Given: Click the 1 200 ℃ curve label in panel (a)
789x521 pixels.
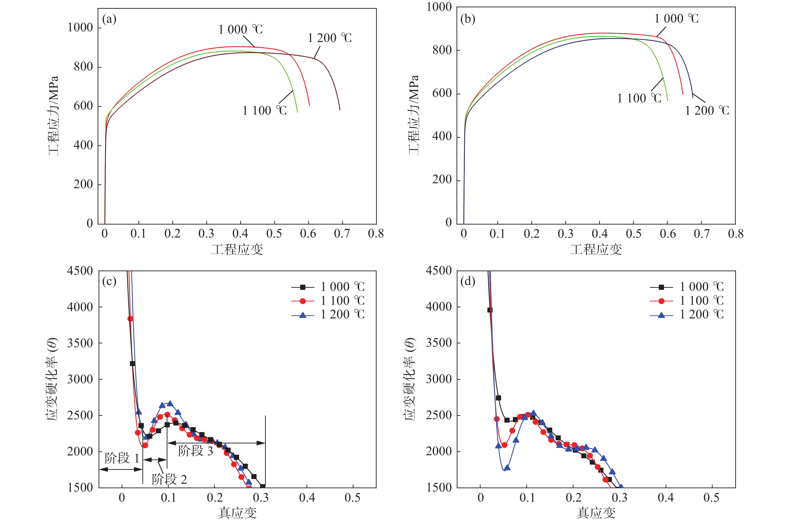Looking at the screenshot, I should pyautogui.click(x=330, y=38).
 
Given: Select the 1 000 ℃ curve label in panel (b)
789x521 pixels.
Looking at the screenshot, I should pyautogui.click(x=676, y=19).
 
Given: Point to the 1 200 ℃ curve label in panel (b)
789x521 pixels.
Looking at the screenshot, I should pyautogui.click(x=707, y=111).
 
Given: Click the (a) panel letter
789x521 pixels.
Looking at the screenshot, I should pyautogui.click(x=109, y=19).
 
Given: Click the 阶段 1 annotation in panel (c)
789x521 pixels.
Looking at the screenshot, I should pyautogui.click(x=122, y=458).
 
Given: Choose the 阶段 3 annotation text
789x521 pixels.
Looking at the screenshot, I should pyautogui.click(x=195, y=451).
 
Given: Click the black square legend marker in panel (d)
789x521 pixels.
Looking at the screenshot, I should pyautogui.click(x=661, y=287).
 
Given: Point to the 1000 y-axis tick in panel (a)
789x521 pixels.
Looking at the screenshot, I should pyautogui.click(x=80, y=28).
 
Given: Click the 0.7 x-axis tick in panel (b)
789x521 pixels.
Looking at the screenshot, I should pyautogui.click(x=701, y=234).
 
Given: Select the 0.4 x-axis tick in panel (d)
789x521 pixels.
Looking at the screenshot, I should pyautogui.click(x=665, y=497).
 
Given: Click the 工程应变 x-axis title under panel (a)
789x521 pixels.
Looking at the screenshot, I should pyautogui.click(x=237, y=250).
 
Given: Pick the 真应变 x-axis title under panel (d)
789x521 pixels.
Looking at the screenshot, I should pyautogui.click(x=596, y=513).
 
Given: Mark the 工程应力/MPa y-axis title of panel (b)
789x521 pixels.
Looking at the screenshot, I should pyautogui.click(x=413, y=115).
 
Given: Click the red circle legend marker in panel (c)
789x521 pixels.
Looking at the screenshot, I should pyautogui.click(x=303, y=301).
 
